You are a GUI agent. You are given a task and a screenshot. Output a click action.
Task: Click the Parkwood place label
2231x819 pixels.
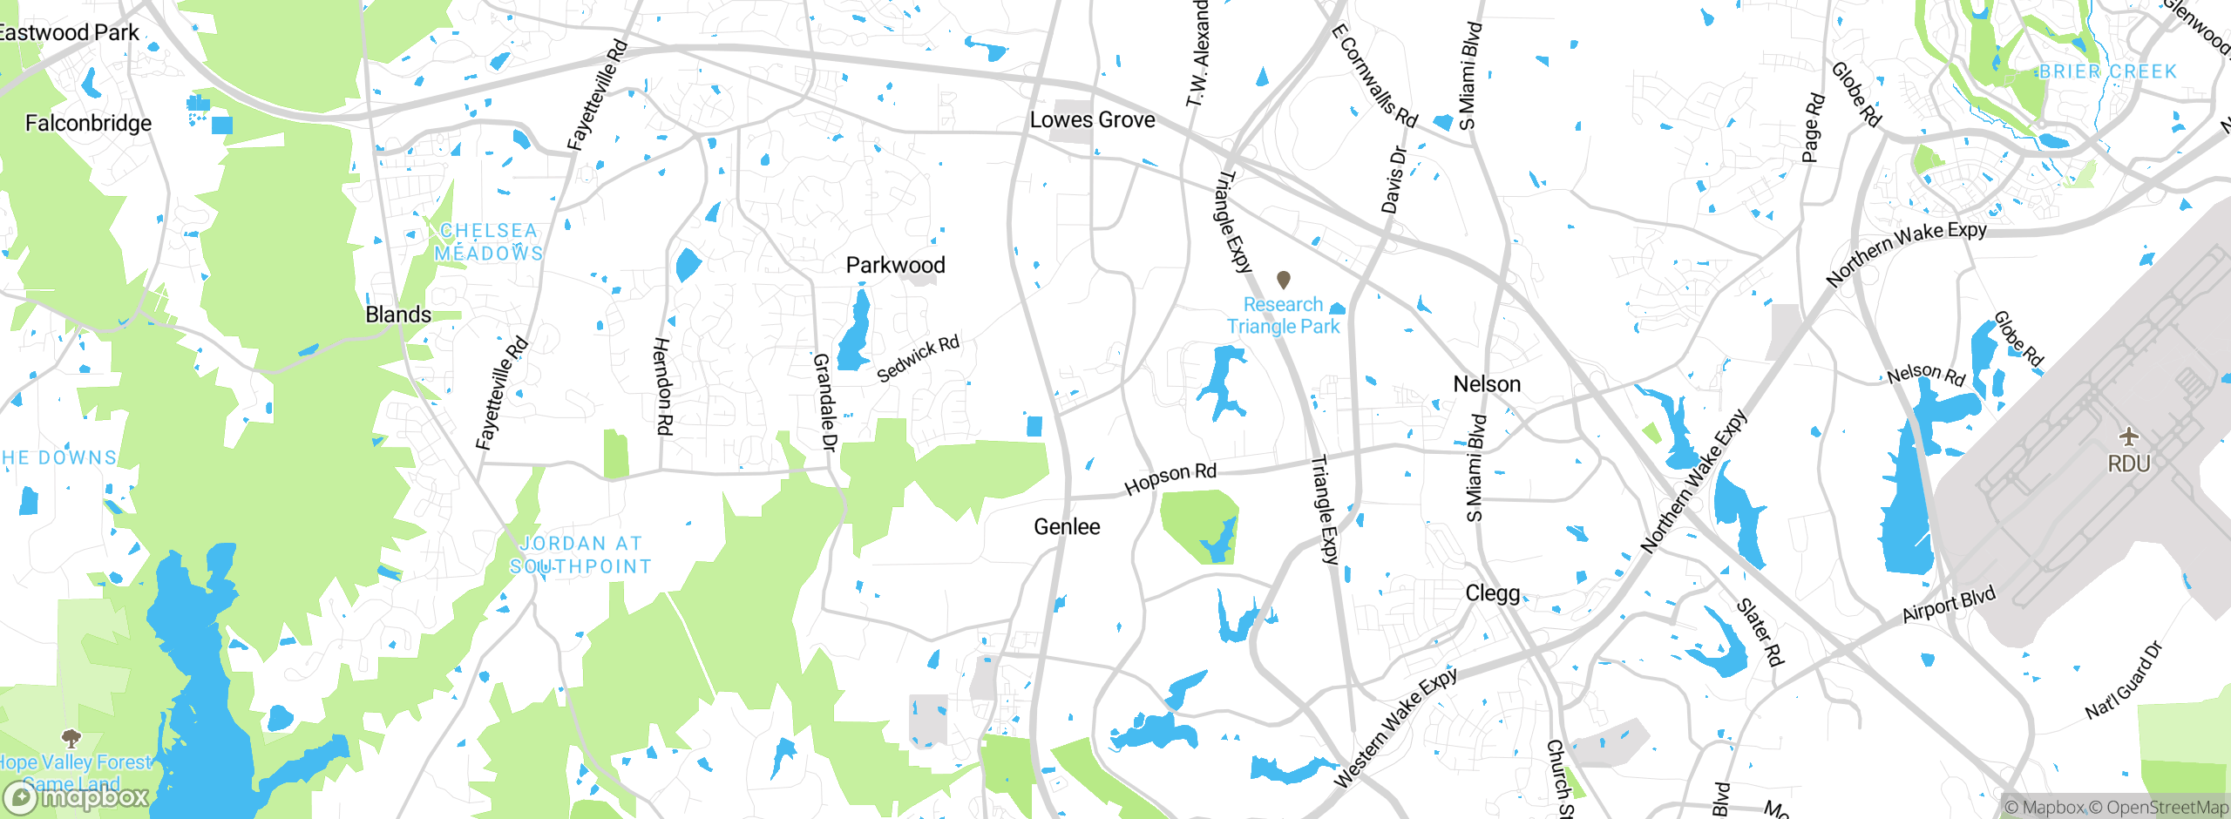pos(895,265)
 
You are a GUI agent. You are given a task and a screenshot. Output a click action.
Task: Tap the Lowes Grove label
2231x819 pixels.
pos(1092,119)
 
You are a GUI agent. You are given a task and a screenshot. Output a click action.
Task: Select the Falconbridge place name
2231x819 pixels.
pos(88,123)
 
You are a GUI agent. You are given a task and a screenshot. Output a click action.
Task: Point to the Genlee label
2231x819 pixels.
pos(1067,526)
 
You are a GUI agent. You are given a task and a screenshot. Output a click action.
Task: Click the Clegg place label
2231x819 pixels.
pos(1492,593)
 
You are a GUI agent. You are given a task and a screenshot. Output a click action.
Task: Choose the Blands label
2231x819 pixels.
pos(398,315)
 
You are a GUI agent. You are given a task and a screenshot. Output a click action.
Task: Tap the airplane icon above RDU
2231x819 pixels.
pos(2129,436)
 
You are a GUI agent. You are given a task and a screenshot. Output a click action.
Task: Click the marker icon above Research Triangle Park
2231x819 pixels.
pos(1283,280)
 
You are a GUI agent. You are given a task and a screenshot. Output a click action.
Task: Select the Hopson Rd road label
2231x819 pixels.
pos(1170,478)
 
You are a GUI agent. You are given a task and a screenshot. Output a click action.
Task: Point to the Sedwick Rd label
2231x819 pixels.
pos(918,358)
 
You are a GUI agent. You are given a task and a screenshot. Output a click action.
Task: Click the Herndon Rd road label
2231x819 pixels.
pos(663,386)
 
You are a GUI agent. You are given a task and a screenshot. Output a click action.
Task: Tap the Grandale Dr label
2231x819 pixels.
pos(824,402)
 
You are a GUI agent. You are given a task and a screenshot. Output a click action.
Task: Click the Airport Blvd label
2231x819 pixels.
pos(1949,604)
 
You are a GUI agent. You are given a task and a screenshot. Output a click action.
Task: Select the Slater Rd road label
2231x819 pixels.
pos(1760,632)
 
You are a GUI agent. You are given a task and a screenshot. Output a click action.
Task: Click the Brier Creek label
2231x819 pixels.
pos(2107,71)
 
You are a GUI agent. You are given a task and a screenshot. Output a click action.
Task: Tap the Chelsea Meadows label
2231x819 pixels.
pos(489,242)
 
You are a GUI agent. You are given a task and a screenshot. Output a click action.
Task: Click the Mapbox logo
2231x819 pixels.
pos(77,796)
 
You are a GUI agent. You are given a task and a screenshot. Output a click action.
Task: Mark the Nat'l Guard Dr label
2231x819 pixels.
pos(2123,680)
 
